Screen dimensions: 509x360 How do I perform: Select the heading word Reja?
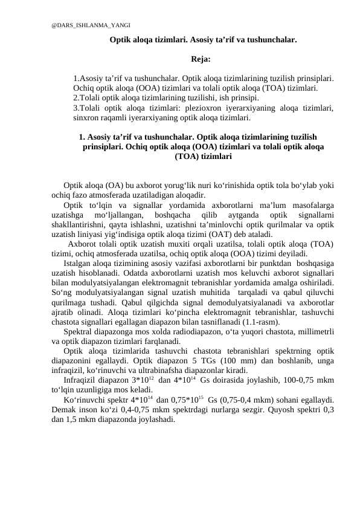coord(201,59)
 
